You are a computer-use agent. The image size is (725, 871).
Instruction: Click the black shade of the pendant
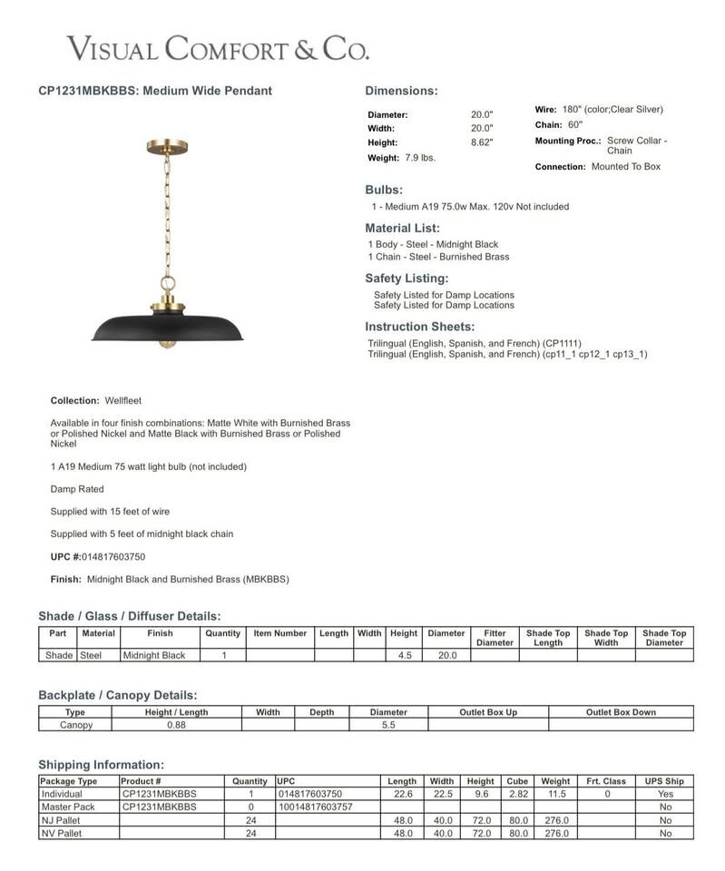(168, 328)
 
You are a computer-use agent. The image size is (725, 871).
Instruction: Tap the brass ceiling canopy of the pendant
(167, 147)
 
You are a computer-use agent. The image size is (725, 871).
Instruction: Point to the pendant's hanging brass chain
(167, 213)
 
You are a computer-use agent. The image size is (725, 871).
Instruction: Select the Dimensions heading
(401, 91)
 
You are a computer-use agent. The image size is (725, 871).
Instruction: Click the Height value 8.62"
(482, 142)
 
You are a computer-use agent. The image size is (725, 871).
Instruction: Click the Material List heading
(402, 229)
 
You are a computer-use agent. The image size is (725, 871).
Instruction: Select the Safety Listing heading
(407, 279)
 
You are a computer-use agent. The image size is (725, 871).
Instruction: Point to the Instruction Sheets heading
(419, 327)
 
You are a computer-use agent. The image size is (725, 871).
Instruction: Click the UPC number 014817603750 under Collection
(113, 557)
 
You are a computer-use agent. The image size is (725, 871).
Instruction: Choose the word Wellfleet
(123, 400)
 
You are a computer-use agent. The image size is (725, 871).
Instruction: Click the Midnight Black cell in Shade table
(154, 655)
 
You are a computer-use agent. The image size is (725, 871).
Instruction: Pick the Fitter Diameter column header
(495, 638)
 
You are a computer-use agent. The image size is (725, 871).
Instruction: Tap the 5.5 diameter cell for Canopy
(388, 725)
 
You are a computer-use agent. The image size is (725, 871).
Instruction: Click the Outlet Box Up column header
(487, 712)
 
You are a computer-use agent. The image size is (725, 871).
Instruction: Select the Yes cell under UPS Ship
(665, 794)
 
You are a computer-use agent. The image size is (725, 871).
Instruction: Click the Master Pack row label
(68, 807)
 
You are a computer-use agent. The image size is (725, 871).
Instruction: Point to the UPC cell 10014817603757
(316, 807)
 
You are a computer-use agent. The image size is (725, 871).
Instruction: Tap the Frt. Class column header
(606, 781)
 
